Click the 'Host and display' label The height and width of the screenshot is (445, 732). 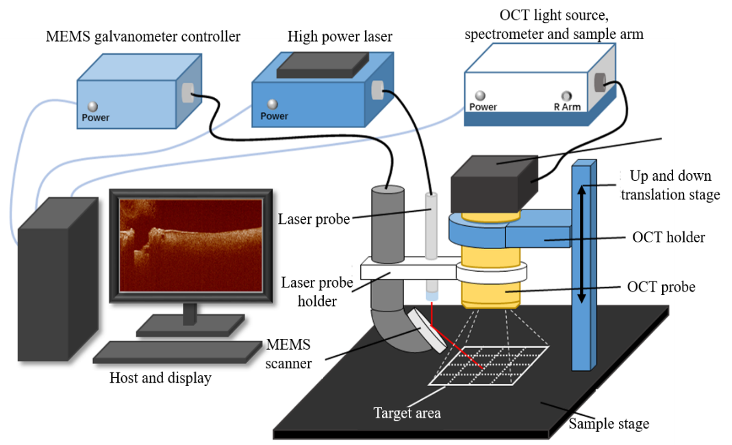click(160, 378)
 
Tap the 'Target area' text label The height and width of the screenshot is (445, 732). click(407, 413)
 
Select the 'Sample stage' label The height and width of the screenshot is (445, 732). click(609, 424)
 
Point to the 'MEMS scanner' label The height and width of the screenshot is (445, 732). click(288, 353)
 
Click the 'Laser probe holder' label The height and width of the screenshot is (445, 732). click(317, 291)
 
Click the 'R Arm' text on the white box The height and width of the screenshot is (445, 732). click(567, 107)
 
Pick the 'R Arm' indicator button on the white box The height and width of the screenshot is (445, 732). click(566, 96)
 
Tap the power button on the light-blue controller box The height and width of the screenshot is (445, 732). click(93, 107)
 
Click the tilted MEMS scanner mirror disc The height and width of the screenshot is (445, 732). click(430, 331)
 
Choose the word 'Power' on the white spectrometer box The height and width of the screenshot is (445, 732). click(483, 107)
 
